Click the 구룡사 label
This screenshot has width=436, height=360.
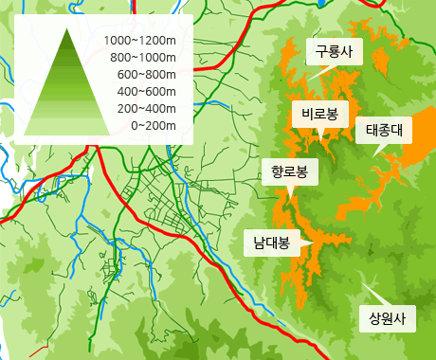coord(334,52)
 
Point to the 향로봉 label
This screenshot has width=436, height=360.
coord(289,172)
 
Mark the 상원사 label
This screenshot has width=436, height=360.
coord(387,318)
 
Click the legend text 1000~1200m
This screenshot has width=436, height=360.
coord(141,41)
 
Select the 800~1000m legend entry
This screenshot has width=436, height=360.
coord(144,58)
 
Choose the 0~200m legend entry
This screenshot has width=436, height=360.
coord(154,125)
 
